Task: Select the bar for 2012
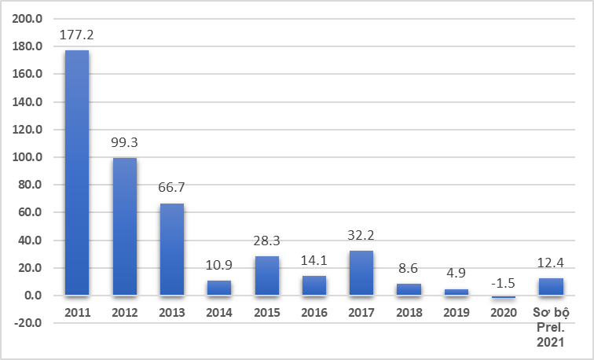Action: pos(124,226)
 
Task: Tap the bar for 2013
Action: pos(172,249)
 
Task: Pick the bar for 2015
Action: pos(266,276)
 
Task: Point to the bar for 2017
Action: pos(361,273)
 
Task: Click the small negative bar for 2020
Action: pos(503,297)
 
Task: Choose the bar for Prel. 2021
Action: pos(551,287)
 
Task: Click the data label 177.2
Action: pos(77,35)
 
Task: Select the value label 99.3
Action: pos(124,143)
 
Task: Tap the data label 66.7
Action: pos(172,189)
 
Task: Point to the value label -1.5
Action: pos(503,281)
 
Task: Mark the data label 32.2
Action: pos(361,236)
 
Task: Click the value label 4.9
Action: pos(456,274)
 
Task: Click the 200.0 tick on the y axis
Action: pos(30,19)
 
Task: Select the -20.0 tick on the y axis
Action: pos(29,323)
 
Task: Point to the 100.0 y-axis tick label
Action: pos(30,157)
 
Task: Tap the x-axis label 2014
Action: pos(219,313)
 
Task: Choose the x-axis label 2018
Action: pos(409,313)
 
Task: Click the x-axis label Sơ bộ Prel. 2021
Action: pos(551,327)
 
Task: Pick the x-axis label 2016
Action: pos(313,313)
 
